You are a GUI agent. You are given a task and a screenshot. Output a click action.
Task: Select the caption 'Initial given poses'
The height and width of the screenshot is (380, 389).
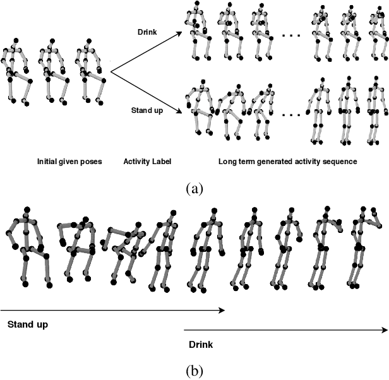(69, 162)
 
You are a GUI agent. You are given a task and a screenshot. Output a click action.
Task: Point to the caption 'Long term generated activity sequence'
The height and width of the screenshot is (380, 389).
(288, 162)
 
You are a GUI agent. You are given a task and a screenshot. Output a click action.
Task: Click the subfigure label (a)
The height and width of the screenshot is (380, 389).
(194, 187)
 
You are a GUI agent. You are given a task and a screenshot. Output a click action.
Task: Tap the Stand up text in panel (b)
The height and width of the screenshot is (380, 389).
(28, 325)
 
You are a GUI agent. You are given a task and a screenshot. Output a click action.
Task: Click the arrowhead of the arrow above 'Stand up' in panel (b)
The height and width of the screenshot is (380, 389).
(222, 310)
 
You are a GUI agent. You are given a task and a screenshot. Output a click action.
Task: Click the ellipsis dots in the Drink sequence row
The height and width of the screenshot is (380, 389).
(290, 35)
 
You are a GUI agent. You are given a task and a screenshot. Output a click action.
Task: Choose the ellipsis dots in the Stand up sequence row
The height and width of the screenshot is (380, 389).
(290, 115)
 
